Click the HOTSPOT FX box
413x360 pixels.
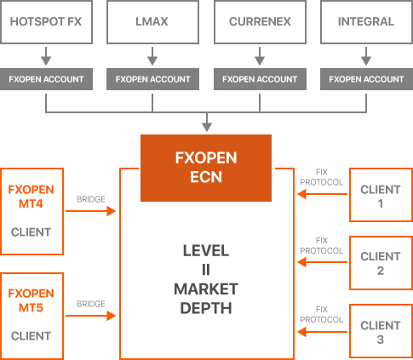click(x=46, y=21)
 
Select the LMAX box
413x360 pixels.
click(x=152, y=21)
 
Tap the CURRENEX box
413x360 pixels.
click(x=260, y=21)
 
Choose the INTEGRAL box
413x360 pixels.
click(x=366, y=21)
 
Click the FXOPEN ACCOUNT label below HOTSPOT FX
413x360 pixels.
click(x=46, y=79)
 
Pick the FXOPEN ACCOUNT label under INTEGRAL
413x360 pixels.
click(x=366, y=79)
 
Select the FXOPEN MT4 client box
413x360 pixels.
click(x=32, y=211)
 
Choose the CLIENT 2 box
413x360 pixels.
click(x=381, y=263)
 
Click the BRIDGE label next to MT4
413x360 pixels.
click(x=90, y=199)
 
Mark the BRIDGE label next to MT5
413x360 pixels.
click(x=90, y=303)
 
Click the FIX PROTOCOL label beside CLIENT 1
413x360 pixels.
click(x=321, y=176)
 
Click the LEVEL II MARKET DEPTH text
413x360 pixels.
click(x=205, y=279)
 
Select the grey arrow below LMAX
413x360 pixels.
click(x=152, y=56)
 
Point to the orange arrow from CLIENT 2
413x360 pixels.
click(x=322, y=263)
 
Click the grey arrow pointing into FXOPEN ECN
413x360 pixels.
click(x=206, y=124)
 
